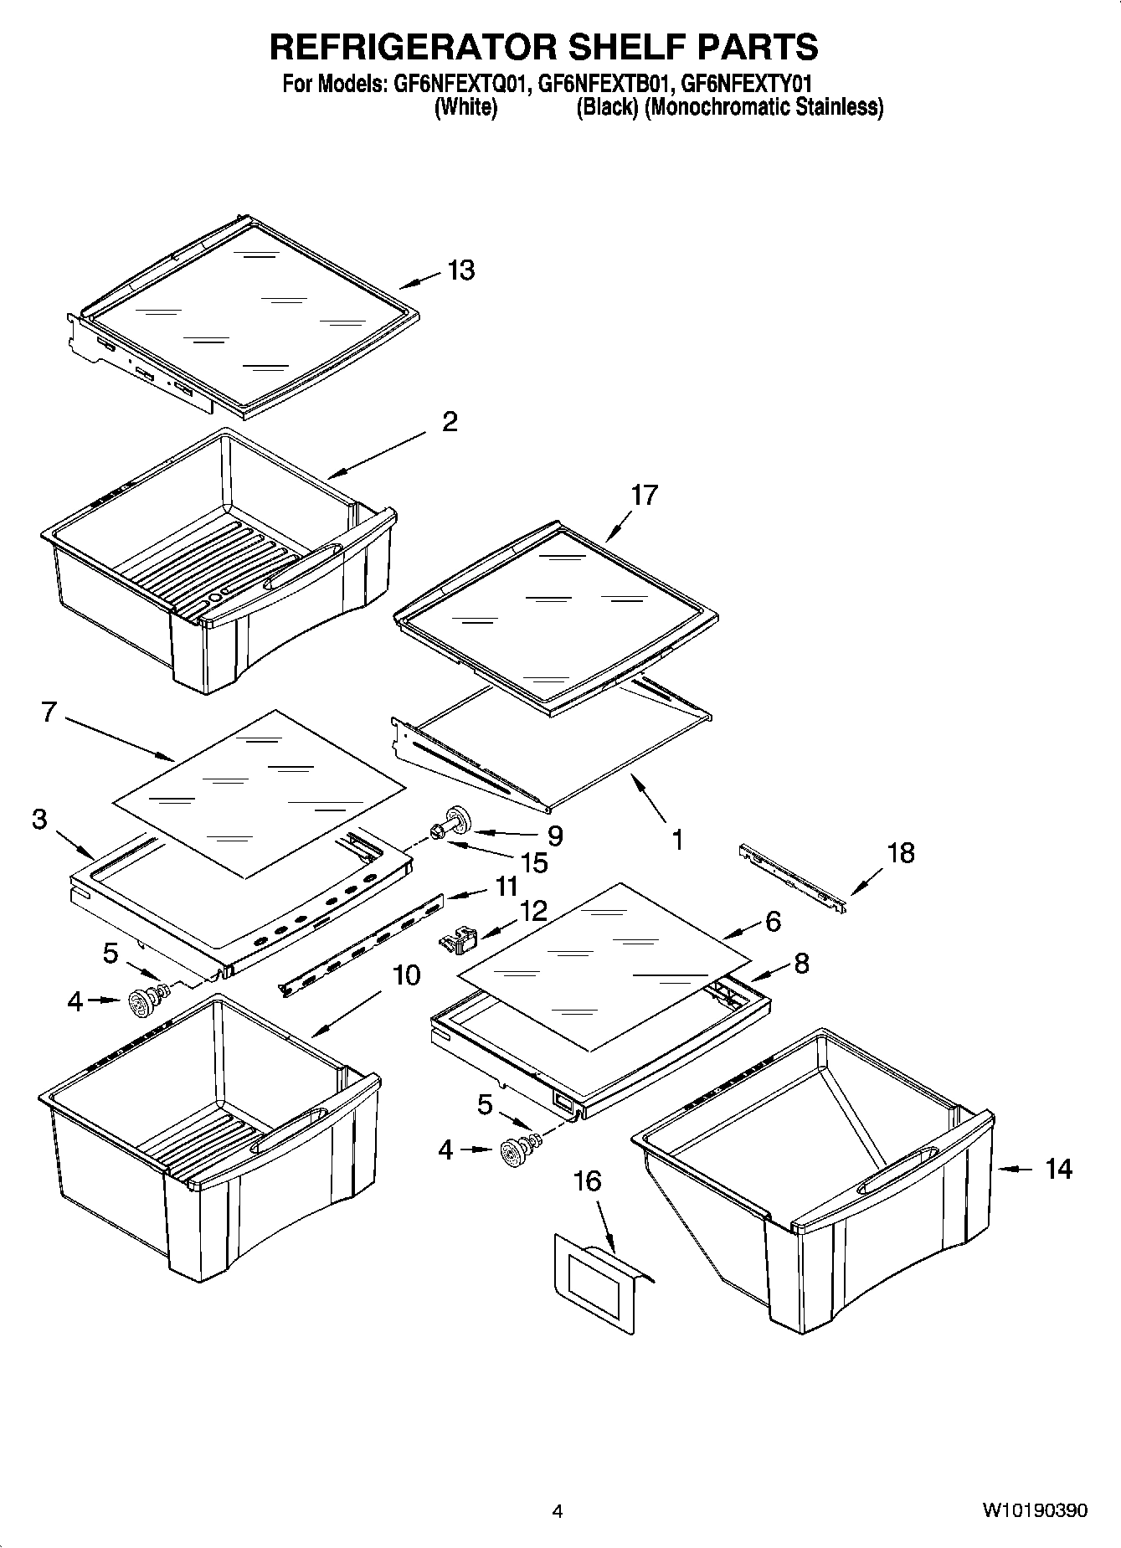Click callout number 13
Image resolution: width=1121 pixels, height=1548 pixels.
point(460,270)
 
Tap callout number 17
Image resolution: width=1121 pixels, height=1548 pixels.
point(644,495)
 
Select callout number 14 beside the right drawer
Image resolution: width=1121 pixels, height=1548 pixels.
point(1058,1169)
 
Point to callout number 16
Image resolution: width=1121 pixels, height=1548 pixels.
point(587,1181)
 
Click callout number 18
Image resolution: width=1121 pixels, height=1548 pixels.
point(900,853)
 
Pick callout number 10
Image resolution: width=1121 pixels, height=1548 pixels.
point(406,975)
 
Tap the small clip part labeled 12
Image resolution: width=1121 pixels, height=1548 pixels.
point(456,939)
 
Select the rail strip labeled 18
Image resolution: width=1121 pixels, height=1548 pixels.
point(792,878)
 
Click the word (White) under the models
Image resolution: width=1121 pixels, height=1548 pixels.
point(466,107)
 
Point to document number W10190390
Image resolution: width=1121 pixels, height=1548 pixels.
point(1035,1511)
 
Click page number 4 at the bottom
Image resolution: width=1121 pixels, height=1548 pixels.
point(558,1511)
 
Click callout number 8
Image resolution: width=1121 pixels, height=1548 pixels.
point(801,964)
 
